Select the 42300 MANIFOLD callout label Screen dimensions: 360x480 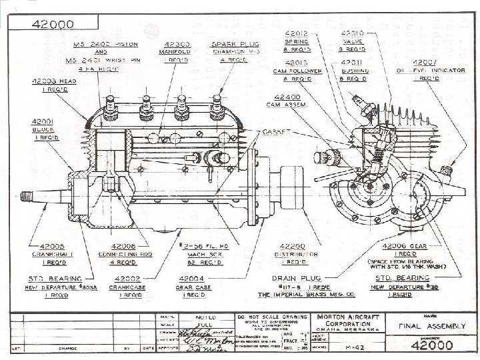point(174,51)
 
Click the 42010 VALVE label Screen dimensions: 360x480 point(353,41)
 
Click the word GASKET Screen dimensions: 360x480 point(276,131)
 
